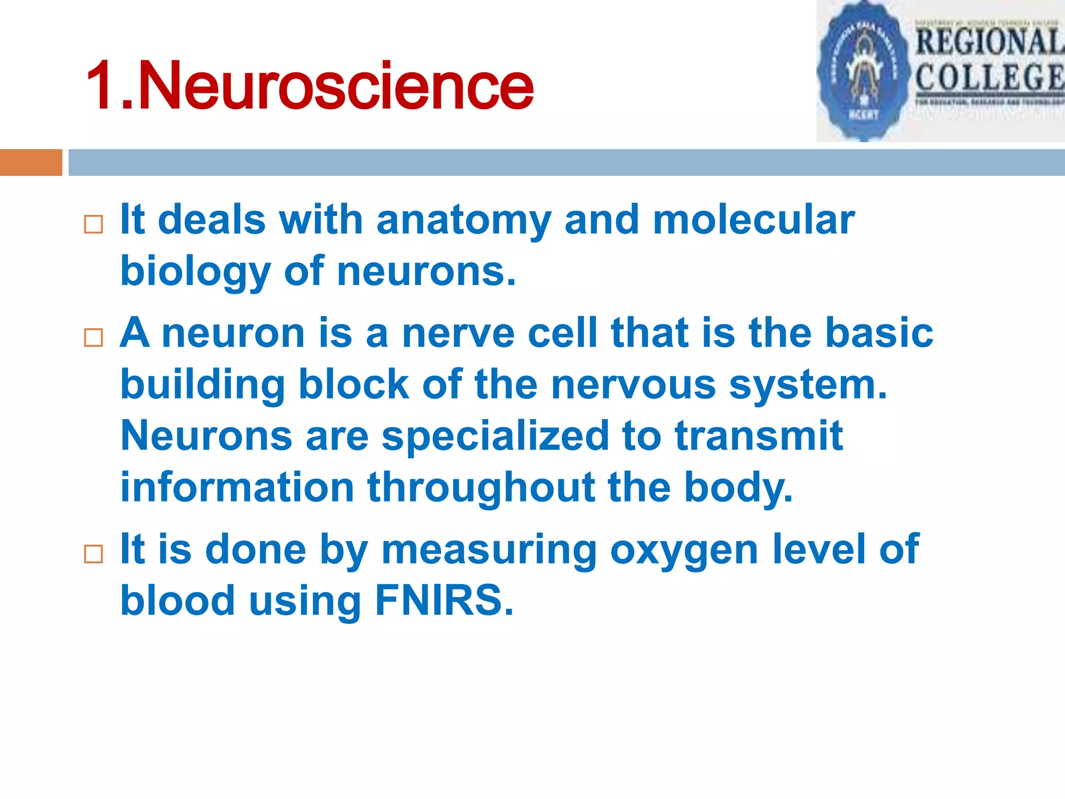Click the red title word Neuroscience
335,86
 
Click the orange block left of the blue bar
31,162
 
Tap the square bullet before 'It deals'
94,225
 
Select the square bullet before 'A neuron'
94,338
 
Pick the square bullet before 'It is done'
94,554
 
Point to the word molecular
754,220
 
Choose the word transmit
759,436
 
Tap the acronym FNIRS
444,601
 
